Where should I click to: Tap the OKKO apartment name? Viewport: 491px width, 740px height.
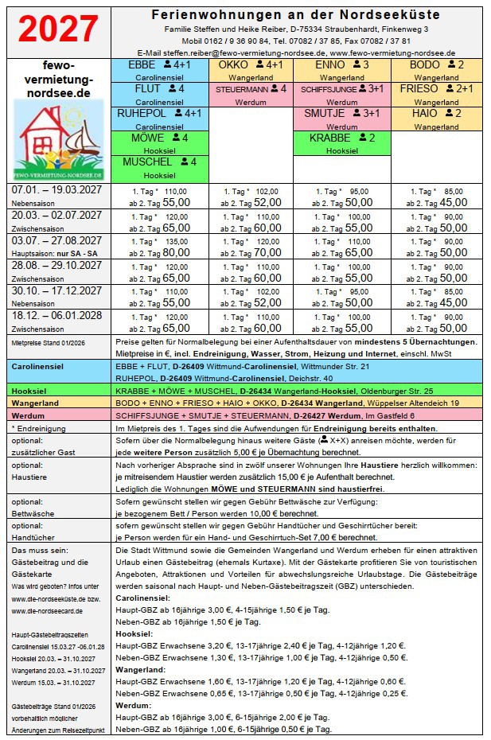[234, 65]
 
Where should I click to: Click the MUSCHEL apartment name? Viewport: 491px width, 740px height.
[149, 162]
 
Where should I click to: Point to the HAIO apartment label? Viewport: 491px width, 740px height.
[425, 114]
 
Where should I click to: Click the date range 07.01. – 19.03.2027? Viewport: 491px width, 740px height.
[57, 191]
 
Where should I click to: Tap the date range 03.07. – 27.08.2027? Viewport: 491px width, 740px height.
[57, 240]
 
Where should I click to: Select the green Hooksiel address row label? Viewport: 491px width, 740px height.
[31, 391]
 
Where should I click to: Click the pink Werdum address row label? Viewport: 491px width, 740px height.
[29, 415]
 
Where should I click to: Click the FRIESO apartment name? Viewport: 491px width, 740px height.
[419, 89]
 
